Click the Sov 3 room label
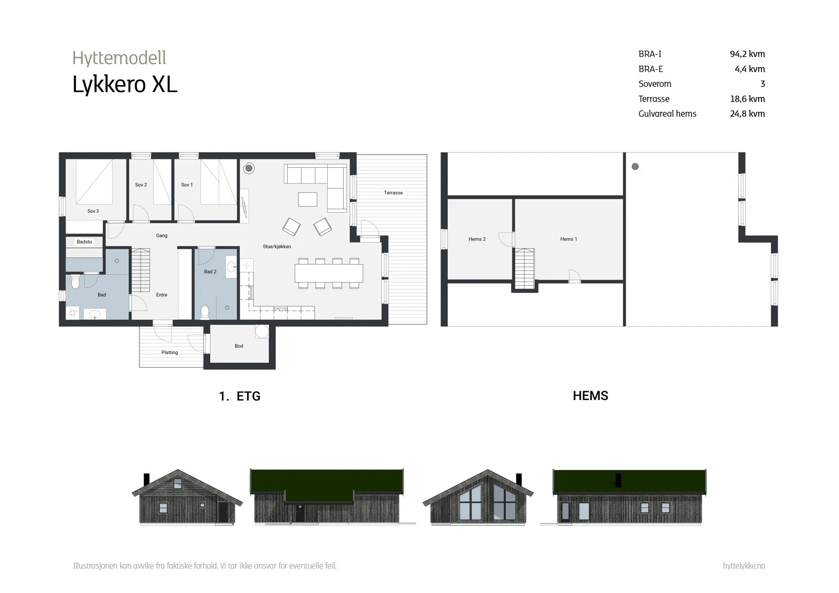click(93, 211)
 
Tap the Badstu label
click(84, 242)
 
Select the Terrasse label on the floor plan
click(393, 193)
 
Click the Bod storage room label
click(239, 346)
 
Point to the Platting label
click(169, 352)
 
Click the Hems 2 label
click(477, 239)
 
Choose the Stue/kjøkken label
click(277, 246)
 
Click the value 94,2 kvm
click(747, 54)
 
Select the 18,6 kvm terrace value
click(747, 99)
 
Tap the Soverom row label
click(655, 84)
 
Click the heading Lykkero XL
click(125, 85)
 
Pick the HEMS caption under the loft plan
click(590, 396)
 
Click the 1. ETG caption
click(240, 396)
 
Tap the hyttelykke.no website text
click(744, 566)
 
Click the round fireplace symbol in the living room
click(249, 168)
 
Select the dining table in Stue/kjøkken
click(329, 273)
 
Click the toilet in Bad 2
click(205, 312)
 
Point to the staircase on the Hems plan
click(525, 268)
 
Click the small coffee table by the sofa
click(308, 199)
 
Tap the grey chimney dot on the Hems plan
click(635, 167)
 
